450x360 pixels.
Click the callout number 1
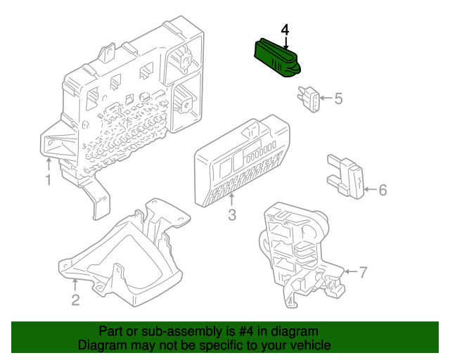click(x=49, y=180)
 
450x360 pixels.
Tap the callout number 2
click(x=75, y=300)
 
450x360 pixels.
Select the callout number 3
click(x=232, y=214)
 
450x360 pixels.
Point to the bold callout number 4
click(x=285, y=30)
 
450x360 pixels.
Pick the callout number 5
click(x=339, y=98)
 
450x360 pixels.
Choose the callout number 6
click(x=382, y=190)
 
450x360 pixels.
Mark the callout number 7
click(x=363, y=272)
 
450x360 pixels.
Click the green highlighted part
click(x=277, y=58)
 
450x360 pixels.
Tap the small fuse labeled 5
click(x=309, y=99)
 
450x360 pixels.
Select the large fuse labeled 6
click(x=346, y=177)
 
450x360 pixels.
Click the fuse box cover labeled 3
click(x=242, y=160)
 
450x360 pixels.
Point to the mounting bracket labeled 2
click(x=124, y=252)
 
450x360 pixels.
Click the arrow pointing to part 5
click(x=326, y=98)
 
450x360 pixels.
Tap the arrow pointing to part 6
click(x=371, y=189)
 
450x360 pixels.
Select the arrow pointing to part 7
click(x=351, y=271)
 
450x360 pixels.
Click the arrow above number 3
click(x=232, y=200)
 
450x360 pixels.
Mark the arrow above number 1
click(x=49, y=165)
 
